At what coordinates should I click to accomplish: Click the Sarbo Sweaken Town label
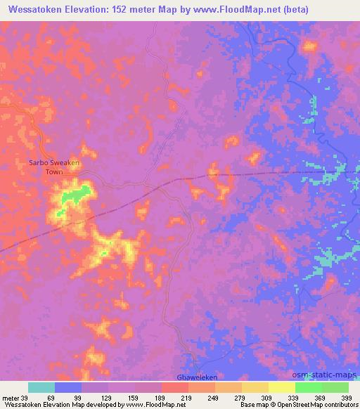54,167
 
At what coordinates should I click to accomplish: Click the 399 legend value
345,397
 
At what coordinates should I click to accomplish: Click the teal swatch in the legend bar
41,387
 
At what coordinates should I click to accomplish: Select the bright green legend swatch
308,387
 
